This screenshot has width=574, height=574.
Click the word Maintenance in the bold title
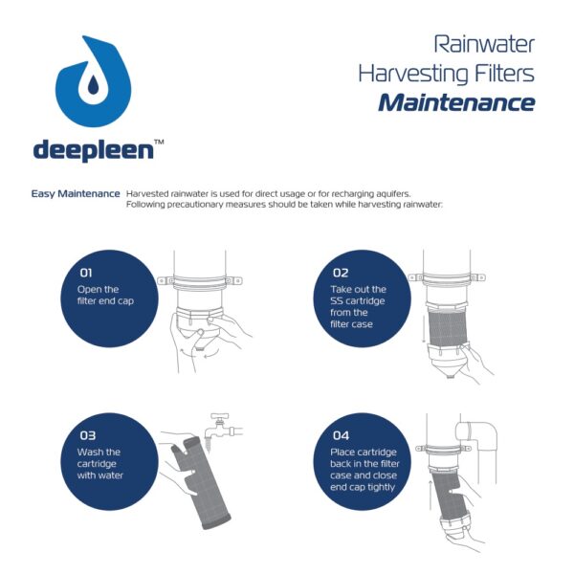[455, 102]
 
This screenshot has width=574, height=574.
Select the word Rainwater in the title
[484, 44]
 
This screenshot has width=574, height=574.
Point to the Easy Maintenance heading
[76, 193]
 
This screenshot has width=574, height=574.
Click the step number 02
[342, 272]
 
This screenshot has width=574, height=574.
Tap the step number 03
[87, 435]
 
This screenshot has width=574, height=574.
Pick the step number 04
[341, 435]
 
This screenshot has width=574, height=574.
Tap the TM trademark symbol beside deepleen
[159, 142]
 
